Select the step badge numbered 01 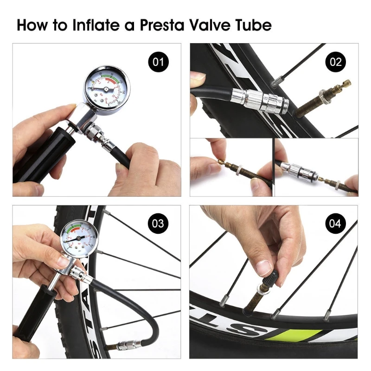[x=158, y=62]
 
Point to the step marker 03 [x=158, y=224]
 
